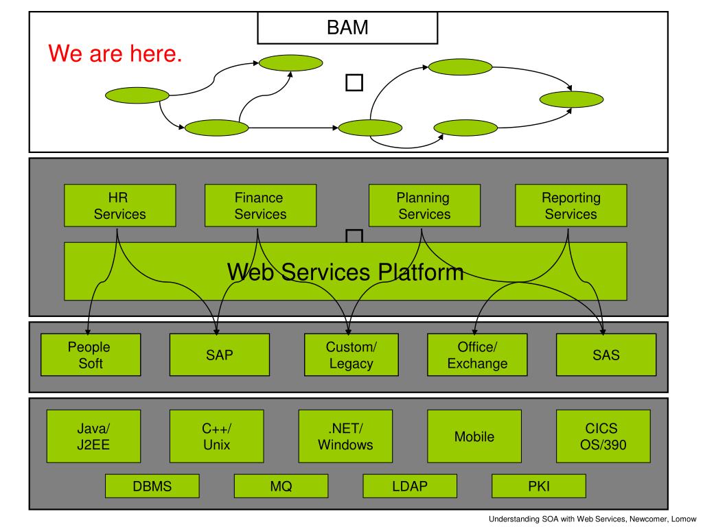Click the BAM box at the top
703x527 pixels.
click(x=347, y=27)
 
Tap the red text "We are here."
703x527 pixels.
click(x=115, y=54)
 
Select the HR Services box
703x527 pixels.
click(x=119, y=205)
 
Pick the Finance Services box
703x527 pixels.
click(x=260, y=205)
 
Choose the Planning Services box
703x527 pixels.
click(x=424, y=205)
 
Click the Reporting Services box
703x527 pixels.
click(x=571, y=205)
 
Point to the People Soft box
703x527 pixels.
click(x=91, y=355)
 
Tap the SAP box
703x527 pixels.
click(x=220, y=355)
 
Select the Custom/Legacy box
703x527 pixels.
click(x=351, y=355)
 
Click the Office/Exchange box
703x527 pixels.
click(x=478, y=355)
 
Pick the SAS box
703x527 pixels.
click(x=606, y=355)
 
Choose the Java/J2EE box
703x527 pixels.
click(x=93, y=436)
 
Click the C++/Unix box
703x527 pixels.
click(x=216, y=436)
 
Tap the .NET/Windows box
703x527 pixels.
click(x=346, y=436)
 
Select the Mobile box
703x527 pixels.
click(x=474, y=436)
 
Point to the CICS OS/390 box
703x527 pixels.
click(x=603, y=436)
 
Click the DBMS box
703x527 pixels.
click(x=152, y=486)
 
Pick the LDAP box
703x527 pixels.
click(x=410, y=486)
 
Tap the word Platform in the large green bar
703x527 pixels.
click(x=420, y=272)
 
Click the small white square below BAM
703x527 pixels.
click(x=354, y=83)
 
